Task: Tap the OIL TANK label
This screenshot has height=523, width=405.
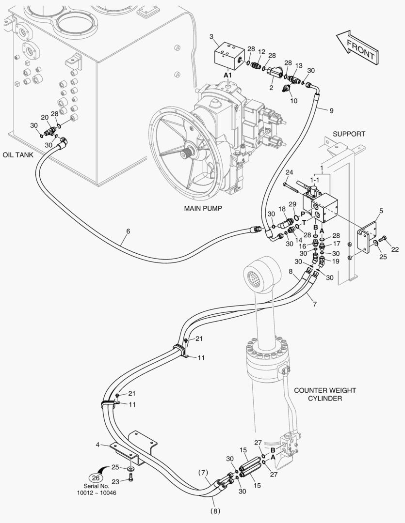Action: click(17, 154)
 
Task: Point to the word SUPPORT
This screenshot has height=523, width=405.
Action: click(349, 134)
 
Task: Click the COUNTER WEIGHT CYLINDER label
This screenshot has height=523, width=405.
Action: click(325, 394)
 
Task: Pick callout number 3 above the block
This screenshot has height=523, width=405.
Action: click(211, 37)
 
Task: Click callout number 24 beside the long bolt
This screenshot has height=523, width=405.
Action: click(289, 172)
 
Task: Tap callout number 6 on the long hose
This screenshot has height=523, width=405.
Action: click(128, 231)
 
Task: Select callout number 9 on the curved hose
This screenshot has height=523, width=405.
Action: click(331, 111)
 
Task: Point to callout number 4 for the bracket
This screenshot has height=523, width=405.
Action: click(97, 444)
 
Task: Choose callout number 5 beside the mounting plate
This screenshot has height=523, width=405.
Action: click(381, 211)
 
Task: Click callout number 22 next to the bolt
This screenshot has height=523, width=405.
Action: click(395, 249)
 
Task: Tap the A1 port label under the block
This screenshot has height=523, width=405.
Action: click(227, 76)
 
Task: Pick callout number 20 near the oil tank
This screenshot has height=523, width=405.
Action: click(45, 117)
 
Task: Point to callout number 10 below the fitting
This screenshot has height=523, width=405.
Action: click(293, 101)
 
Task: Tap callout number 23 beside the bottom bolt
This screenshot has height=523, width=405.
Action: click(115, 481)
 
